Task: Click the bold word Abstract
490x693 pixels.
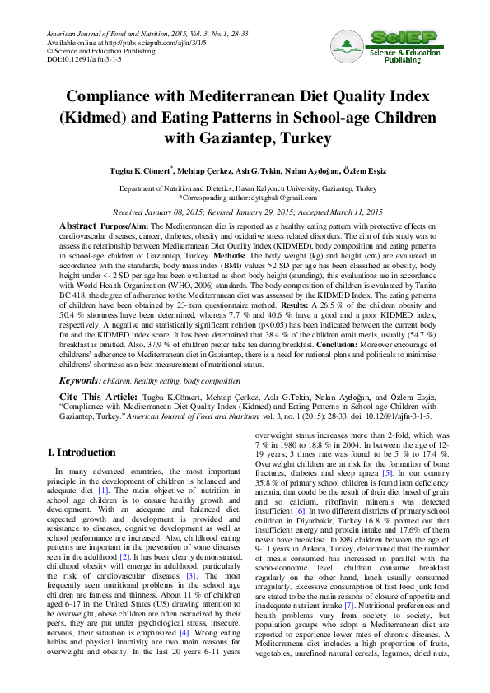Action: tap(78, 226)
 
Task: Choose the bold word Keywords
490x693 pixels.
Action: tap(79, 381)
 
